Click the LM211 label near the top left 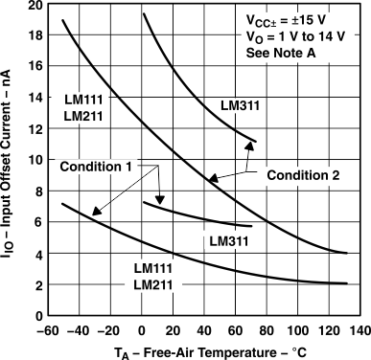[83, 116]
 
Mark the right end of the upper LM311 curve [256, 141]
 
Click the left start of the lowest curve [62, 204]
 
